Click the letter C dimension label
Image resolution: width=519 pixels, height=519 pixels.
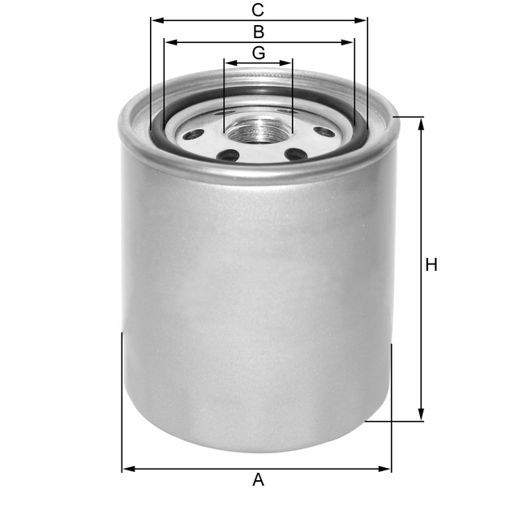258,11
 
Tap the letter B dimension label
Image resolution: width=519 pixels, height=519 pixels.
258,32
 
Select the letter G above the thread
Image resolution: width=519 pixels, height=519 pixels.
258,53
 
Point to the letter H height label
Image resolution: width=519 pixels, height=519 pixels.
431,264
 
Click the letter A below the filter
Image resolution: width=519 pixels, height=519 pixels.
258,480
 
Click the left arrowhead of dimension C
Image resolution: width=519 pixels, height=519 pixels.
155,20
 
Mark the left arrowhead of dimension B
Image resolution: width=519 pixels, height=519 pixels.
168,41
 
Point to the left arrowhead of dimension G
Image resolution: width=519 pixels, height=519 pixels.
229,62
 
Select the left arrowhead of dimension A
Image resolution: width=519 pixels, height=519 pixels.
127,469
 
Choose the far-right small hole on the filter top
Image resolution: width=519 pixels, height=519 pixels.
324,131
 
